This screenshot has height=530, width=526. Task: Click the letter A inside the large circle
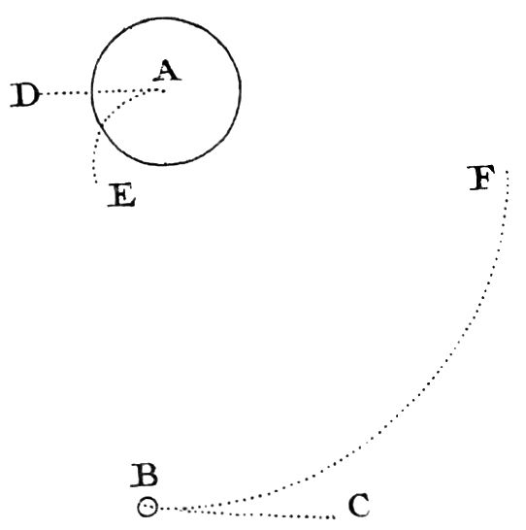pos(167,71)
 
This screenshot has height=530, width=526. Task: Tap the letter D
pos(24,95)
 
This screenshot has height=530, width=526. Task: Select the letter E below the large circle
pos(122,195)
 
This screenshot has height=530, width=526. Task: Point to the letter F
pos(481,178)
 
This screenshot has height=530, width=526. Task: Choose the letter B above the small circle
pos(145,476)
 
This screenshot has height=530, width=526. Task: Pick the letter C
pos(359,505)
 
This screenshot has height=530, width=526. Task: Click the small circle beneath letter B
pos(148,507)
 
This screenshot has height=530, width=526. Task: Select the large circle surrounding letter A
pos(92,91)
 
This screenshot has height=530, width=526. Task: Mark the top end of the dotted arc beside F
pos(508,172)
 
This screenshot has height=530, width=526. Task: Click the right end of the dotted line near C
pos(334,517)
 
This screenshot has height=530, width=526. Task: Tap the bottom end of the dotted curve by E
pos(97,182)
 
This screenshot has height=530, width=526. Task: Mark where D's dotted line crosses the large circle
pos(92,92)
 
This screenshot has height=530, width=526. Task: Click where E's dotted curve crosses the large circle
pos(102,125)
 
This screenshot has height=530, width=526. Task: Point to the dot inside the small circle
pos(146,507)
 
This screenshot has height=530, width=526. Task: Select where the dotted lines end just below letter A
pos(164,90)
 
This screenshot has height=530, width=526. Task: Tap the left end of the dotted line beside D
pos(43,93)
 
